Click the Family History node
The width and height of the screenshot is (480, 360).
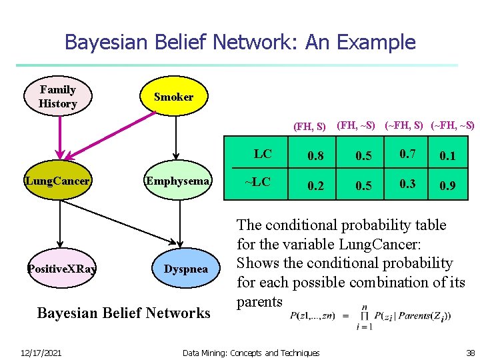click(58, 97)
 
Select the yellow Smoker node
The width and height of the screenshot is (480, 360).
click(174, 97)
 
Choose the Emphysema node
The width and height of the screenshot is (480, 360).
click(179, 181)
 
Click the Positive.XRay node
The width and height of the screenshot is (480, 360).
click(61, 269)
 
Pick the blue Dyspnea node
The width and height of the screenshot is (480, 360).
click(186, 269)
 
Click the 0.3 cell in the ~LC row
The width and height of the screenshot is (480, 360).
click(408, 184)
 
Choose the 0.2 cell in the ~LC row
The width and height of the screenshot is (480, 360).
click(316, 186)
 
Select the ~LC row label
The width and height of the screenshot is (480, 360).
click(258, 182)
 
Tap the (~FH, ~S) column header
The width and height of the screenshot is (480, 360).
click(453, 125)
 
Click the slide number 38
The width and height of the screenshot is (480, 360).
click(470, 352)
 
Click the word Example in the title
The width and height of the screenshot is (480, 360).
click(376, 43)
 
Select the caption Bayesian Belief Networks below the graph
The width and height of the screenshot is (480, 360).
click(123, 313)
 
